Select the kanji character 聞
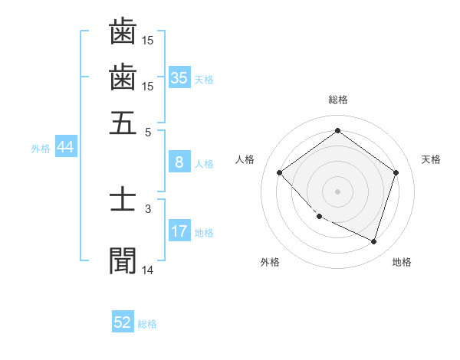123,260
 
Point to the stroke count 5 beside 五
148,131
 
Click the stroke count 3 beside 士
148,208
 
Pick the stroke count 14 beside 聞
148,270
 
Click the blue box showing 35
179,78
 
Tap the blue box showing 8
179,162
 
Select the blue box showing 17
179,231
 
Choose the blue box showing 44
65,148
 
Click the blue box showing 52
123,322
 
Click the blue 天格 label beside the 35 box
204,80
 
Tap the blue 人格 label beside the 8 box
204,163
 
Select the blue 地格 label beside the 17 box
204,232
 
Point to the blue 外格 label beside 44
41,149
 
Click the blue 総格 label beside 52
147,324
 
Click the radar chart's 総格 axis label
337,100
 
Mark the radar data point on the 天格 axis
396,173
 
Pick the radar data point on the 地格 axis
373,241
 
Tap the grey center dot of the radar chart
337,191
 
